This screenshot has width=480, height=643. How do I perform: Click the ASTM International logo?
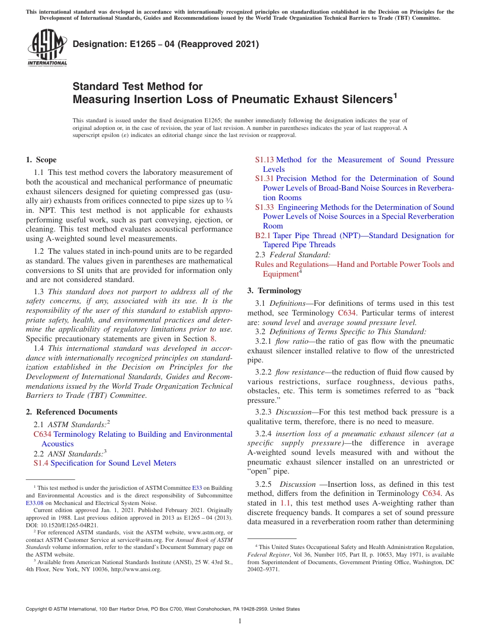point(46,48)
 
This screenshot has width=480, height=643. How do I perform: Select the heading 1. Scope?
point(41,160)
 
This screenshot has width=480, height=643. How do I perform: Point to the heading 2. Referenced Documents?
point(71,412)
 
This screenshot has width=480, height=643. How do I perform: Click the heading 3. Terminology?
point(274,291)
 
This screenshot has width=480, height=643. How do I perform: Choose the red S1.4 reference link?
point(41,463)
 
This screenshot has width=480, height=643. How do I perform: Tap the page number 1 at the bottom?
point(240,621)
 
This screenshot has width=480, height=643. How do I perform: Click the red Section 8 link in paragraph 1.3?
point(213,339)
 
